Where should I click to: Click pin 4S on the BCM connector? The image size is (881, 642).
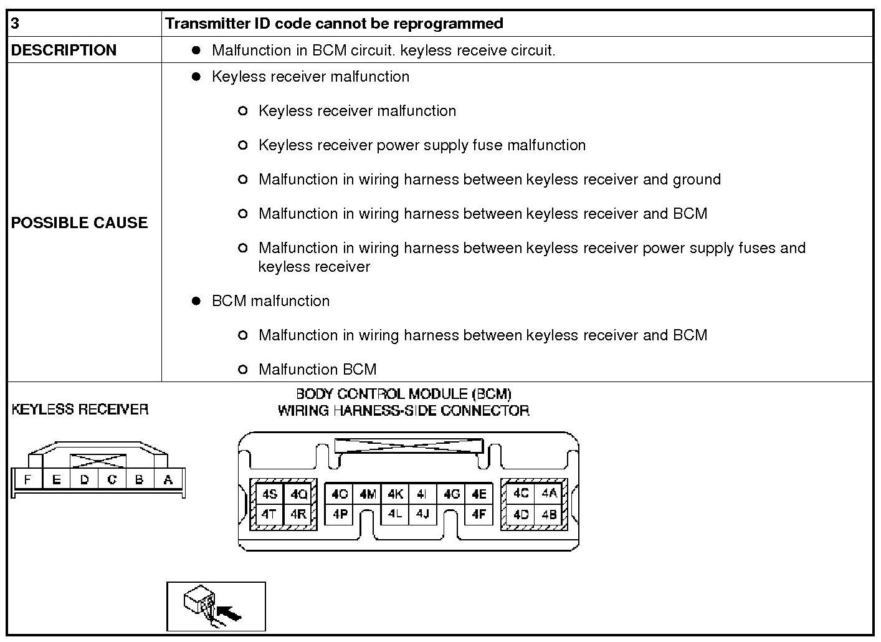pos(269,494)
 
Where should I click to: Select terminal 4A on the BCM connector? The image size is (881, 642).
pos(549,494)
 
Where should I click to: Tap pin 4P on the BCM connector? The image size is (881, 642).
pos(340,514)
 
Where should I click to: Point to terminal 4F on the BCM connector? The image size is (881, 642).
pos(479,514)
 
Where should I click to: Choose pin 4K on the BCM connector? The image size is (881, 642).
pos(395,494)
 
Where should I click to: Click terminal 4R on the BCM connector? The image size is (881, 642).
pos(298,514)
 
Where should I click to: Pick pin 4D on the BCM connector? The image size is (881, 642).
pos(520,514)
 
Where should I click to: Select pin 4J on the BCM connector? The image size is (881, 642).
pos(422,514)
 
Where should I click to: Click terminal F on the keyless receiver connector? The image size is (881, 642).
pos(27,480)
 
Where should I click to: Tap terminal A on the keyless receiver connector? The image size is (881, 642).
pos(168,480)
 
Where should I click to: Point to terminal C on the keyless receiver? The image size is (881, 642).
pos(112,480)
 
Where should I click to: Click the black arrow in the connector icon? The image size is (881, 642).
pos(231,615)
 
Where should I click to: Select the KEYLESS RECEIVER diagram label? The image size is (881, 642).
pos(80,410)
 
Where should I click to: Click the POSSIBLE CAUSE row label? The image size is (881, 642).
pos(79,223)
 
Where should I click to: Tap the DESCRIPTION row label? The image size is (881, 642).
pos(64,50)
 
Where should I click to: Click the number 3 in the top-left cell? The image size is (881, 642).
pos(15,24)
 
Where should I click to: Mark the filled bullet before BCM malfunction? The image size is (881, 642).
pos(196,301)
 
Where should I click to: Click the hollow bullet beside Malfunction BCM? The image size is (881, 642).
pos(243,370)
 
